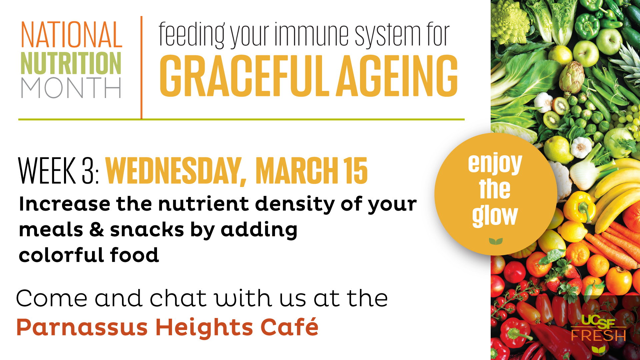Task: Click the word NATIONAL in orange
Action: click(x=71, y=35)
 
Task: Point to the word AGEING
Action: click(x=397, y=76)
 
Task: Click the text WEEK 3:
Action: click(x=59, y=171)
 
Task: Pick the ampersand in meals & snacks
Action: click(x=97, y=230)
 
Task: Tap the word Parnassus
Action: click(x=82, y=327)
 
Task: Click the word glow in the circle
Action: click(x=495, y=216)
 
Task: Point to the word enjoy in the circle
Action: click(x=495, y=163)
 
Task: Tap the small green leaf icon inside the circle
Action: click(x=496, y=241)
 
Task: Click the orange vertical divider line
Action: click(x=141, y=67)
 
